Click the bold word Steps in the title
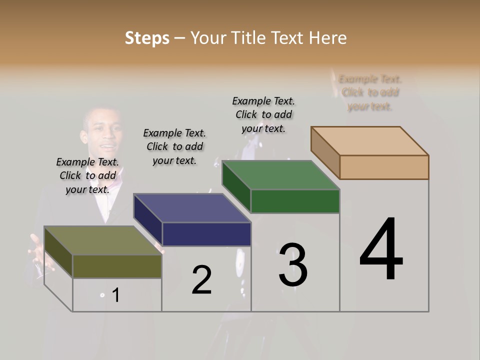click(147, 38)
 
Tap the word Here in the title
click(328, 38)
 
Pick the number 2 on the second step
click(201, 279)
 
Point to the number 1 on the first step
click(115, 295)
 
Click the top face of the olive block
click(103, 240)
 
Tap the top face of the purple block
click(192, 208)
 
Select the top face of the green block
click(281, 175)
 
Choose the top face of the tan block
click(370, 141)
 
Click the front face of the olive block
click(117, 266)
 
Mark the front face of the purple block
click(206, 234)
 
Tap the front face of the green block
click(295, 201)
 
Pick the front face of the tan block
click(384, 167)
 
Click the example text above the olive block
click(87, 175)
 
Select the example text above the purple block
click(174, 146)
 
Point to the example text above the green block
click(263, 114)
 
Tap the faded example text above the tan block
click(370, 92)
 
